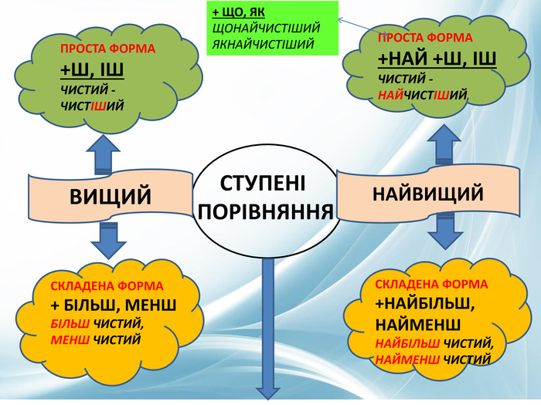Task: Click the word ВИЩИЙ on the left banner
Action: [x=111, y=196]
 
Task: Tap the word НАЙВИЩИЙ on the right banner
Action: [x=428, y=193]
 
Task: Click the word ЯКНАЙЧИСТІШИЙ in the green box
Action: [x=263, y=43]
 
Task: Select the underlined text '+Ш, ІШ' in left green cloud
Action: [x=93, y=72]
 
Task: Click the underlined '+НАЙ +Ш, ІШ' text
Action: [x=437, y=59]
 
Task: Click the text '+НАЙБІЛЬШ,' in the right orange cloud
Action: [x=424, y=302]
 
